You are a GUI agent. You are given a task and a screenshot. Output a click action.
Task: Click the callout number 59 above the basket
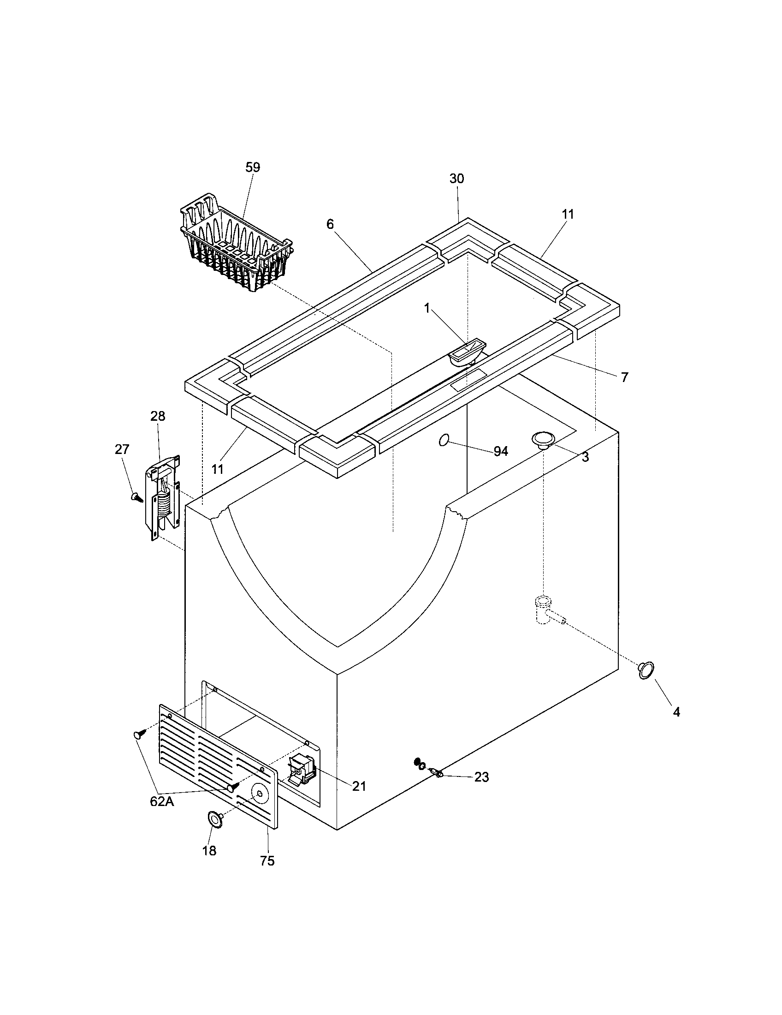253,167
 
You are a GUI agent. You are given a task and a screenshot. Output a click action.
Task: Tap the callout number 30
456,179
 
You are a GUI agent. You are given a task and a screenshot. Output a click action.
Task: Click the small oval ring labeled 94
444,440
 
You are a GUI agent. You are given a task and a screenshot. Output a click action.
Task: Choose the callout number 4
676,711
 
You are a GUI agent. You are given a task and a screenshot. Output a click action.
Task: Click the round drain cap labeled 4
646,670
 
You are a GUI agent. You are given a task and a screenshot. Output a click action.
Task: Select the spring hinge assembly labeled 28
164,498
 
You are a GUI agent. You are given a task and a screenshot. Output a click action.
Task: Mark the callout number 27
122,449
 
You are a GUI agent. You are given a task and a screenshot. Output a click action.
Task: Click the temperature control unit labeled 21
302,771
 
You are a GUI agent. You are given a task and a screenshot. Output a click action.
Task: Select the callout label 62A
162,801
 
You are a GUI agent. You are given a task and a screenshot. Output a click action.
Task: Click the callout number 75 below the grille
267,861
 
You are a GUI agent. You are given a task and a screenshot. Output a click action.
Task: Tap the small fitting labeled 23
437,773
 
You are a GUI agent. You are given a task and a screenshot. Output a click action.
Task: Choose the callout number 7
625,377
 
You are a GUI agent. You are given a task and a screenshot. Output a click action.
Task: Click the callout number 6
330,225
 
